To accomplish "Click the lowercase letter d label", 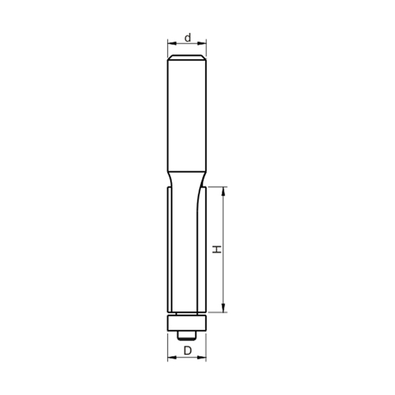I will [188, 37].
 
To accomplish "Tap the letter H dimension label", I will [216, 249].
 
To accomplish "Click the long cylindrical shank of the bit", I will [187, 113].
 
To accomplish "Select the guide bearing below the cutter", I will [187, 323].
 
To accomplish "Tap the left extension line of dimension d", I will [168, 48].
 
